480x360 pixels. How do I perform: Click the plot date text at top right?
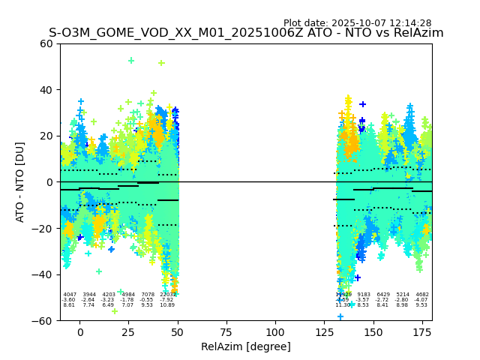(357, 23)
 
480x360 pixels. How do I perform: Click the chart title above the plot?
(246, 33)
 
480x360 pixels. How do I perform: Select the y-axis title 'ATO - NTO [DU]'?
(20, 182)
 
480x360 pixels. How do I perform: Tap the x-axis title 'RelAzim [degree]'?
(246, 347)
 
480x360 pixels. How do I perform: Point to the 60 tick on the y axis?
(46, 43)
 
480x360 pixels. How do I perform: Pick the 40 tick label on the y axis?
(46, 90)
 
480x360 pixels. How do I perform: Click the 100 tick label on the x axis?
(275, 331)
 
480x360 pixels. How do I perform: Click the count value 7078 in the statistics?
(148, 295)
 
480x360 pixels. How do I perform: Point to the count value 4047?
(70, 295)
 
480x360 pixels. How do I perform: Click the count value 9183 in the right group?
(364, 295)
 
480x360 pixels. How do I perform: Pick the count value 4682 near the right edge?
(422, 295)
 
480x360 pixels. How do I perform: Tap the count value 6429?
(383, 295)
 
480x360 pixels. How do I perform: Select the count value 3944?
(89, 295)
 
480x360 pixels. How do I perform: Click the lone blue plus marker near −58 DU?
(340, 317)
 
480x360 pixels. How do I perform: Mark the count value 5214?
(403, 295)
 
